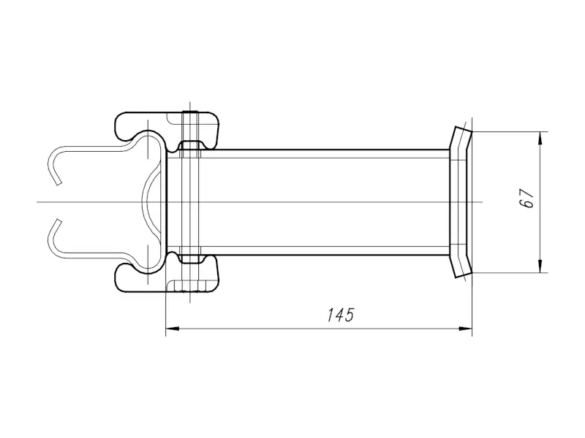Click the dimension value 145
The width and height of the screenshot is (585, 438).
coord(340,315)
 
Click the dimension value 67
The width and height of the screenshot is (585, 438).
coord(526,198)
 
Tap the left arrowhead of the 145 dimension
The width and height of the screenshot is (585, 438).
coord(173,328)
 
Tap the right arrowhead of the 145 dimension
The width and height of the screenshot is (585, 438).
coord(465,328)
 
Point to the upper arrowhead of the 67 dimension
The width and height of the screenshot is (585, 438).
coord(540,139)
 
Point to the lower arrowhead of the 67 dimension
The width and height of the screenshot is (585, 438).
coord(540,266)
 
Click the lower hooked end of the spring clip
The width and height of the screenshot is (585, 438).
coord(54,238)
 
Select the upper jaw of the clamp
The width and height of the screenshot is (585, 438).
coord(167,131)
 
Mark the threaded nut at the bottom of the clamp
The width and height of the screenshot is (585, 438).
coord(190,286)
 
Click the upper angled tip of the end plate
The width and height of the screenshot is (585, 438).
coord(464,129)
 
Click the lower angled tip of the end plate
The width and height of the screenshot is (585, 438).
coord(464,275)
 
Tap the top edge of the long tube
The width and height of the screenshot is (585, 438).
coord(325,150)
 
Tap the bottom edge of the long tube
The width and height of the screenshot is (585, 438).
coord(325,255)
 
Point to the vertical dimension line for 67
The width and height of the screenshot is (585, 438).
coord(540,202)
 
